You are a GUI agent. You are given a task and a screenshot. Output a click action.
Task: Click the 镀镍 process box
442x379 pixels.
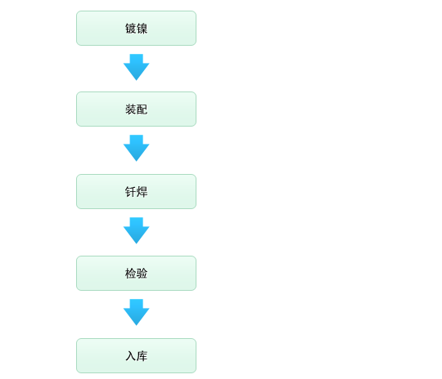pyautogui.click(x=136, y=28)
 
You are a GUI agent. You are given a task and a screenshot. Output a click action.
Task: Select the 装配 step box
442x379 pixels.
pyautogui.click(x=136, y=109)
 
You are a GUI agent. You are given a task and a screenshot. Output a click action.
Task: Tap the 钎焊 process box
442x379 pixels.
pyautogui.click(x=136, y=192)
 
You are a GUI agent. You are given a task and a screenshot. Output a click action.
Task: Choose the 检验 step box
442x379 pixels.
pyautogui.click(x=136, y=273)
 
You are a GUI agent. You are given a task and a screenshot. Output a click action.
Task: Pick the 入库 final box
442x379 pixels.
pyautogui.click(x=136, y=355)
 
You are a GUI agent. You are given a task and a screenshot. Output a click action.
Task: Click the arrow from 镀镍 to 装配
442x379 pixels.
pyautogui.click(x=137, y=67)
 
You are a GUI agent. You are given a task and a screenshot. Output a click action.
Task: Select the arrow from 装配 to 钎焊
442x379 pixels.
pyautogui.click(x=137, y=148)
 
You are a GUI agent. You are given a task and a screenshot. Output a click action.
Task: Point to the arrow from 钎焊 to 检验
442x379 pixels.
pyautogui.click(x=137, y=230)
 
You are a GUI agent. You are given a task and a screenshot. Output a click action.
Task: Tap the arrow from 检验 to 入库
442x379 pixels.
pyautogui.click(x=137, y=312)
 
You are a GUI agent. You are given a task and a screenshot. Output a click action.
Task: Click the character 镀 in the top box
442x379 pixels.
pyautogui.click(x=130, y=29)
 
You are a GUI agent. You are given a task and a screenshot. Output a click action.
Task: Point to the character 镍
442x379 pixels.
pyautogui.click(x=142, y=29)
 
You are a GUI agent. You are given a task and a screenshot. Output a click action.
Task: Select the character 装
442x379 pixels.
pyautogui.click(x=130, y=109)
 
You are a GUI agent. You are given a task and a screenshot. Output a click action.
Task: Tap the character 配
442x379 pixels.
pyautogui.click(x=142, y=109)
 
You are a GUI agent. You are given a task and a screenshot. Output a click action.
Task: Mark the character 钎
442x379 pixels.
pyautogui.click(x=130, y=192)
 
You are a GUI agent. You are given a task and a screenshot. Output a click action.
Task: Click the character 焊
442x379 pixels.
pyautogui.click(x=142, y=192)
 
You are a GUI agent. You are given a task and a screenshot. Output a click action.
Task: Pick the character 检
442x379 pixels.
pyautogui.click(x=130, y=274)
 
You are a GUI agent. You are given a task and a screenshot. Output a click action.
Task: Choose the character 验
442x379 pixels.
pyautogui.click(x=142, y=274)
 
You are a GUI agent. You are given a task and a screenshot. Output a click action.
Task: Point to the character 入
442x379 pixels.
pyautogui.click(x=130, y=356)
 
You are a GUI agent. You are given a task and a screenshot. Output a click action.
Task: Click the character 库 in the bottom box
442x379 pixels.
pyautogui.click(x=142, y=356)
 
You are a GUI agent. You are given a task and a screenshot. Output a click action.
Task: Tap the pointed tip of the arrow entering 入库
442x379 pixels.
pyautogui.click(x=137, y=326)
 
